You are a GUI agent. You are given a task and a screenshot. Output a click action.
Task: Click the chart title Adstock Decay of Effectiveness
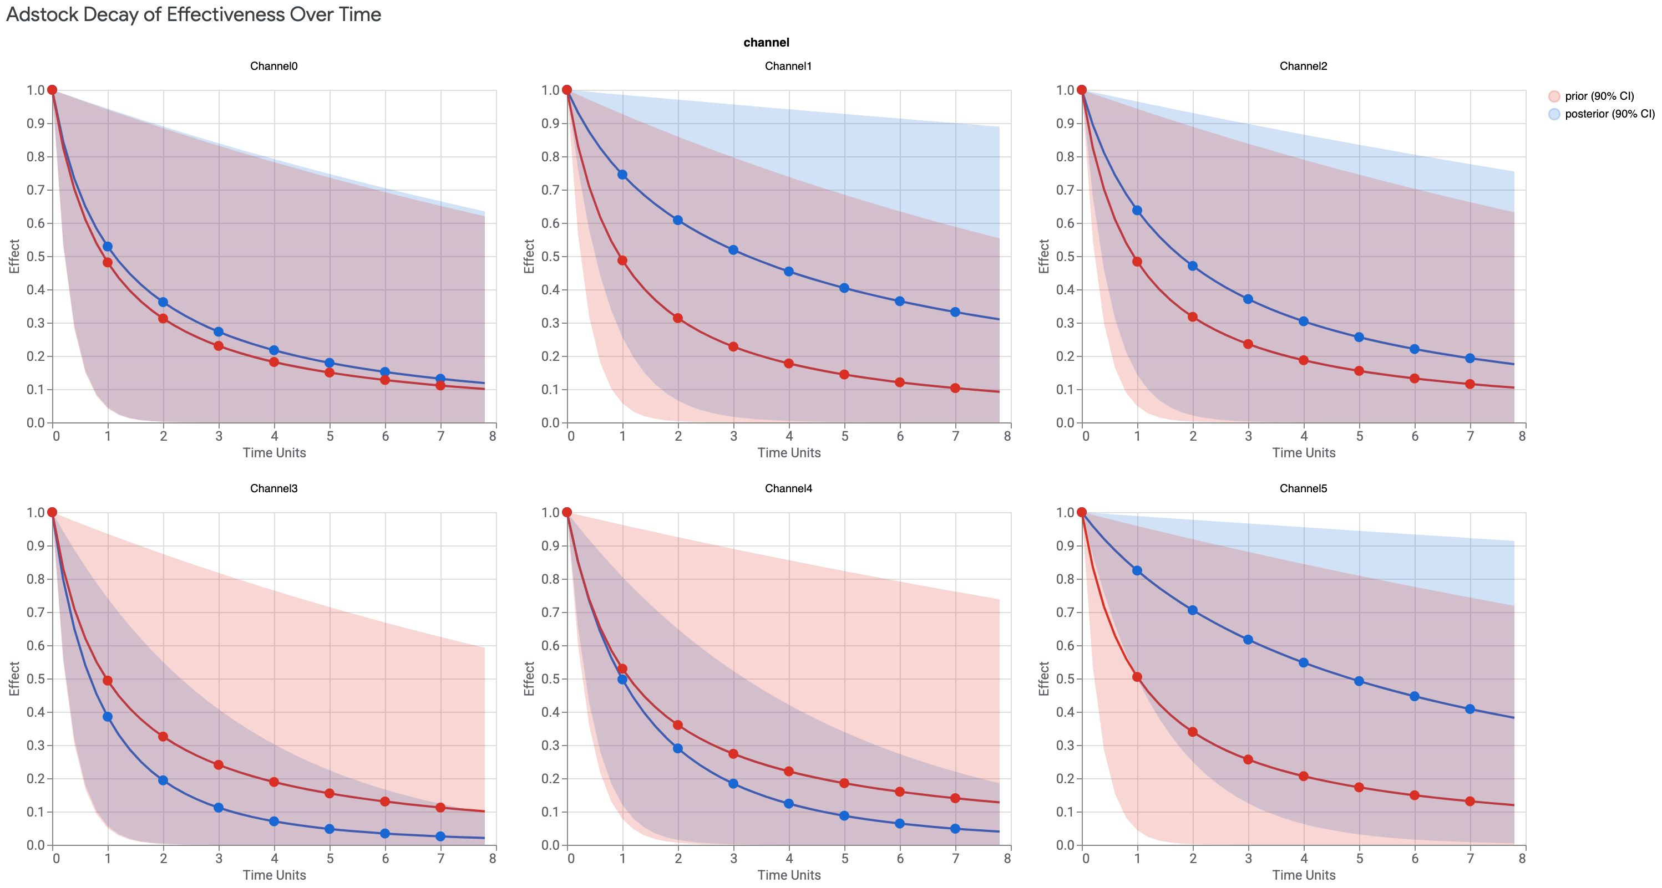pos(194,15)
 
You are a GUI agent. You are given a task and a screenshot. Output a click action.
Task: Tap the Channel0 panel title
pos(273,66)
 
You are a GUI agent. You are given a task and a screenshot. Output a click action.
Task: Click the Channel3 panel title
pos(273,488)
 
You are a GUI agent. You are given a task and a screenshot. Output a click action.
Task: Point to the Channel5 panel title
pos(1303,488)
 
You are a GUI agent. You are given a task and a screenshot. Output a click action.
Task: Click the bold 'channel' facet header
pos(766,43)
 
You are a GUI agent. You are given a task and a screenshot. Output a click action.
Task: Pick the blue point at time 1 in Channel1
pos(622,175)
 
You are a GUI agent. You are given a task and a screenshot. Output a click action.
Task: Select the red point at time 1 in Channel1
pos(622,261)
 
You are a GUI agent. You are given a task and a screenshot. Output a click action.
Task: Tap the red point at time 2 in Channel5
pos(1193,732)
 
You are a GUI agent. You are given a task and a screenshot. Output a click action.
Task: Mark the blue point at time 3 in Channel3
pos(219,808)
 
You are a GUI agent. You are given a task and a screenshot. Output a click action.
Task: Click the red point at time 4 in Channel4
pos(789,771)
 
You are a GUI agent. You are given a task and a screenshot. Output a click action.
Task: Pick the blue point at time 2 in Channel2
pos(1193,266)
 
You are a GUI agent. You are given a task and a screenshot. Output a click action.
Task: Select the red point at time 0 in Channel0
pos(52,90)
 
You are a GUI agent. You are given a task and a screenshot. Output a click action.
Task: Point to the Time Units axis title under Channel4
pos(789,875)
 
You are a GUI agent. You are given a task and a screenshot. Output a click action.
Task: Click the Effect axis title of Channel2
pos(1044,256)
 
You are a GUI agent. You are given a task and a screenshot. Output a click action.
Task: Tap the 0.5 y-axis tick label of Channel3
pos(36,678)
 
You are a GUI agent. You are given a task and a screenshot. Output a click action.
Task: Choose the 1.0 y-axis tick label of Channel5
pos(1065,512)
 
